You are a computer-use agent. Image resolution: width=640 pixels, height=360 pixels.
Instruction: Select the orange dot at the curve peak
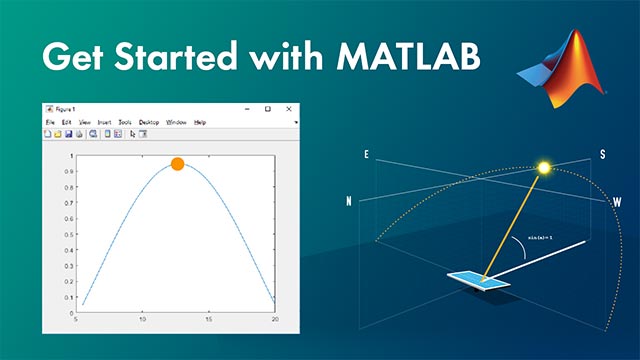pyautogui.click(x=177, y=163)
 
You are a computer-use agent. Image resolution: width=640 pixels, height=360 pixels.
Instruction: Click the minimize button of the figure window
pyautogui.click(x=245, y=108)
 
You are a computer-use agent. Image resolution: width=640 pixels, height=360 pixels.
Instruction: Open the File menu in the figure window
pyautogui.click(x=50, y=122)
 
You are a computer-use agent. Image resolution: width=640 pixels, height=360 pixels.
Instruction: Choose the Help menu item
pyautogui.click(x=200, y=122)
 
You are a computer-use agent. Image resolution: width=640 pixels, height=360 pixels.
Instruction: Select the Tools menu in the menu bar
pyautogui.click(x=125, y=122)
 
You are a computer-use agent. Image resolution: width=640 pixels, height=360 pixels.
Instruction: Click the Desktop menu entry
pyautogui.click(x=149, y=122)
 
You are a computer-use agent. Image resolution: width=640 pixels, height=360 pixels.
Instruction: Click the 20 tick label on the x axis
pyautogui.click(x=275, y=320)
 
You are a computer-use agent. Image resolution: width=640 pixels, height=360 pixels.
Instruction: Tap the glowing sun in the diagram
pyautogui.click(x=545, y=168)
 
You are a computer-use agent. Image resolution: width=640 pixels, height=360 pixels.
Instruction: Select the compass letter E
pyautogui.click(x=367, y=155)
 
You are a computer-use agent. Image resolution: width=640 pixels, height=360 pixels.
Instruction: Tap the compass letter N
pyautogui.click(x=349, y=201)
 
